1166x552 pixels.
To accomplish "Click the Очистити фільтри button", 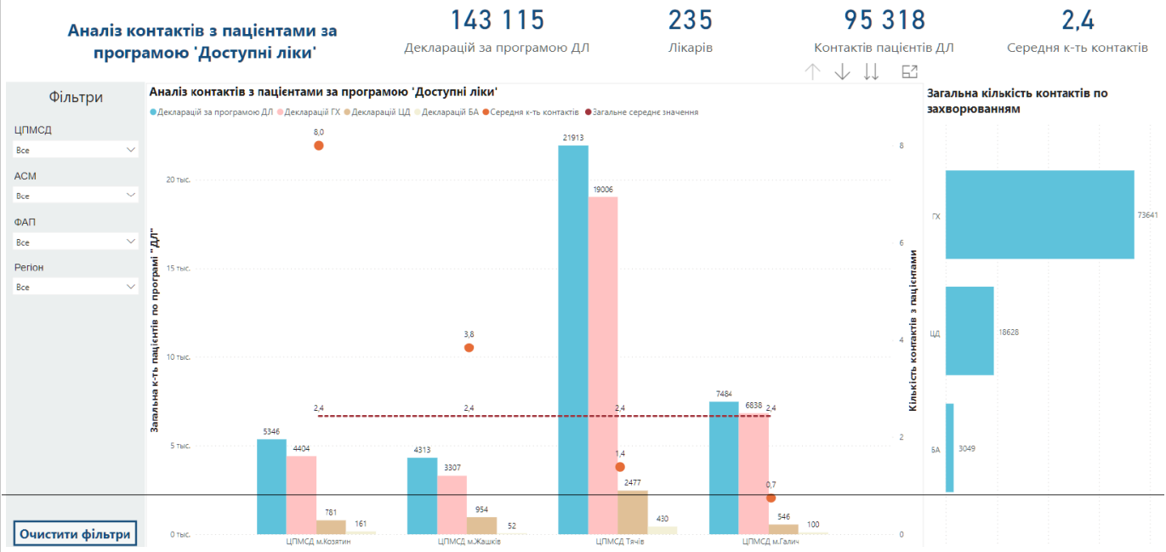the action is [x=75, y=534].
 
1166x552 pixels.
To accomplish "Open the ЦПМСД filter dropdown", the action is [x=75, y=150].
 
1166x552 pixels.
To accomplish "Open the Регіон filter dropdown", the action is [x=75, y=287].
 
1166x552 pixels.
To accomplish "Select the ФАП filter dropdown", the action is [x=75, y=242].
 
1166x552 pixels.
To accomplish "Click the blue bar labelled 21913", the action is [x=573, y=339].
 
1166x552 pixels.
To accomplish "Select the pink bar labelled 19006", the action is [x=603, y=366].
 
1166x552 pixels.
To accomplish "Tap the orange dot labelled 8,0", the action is [x=319, y=145].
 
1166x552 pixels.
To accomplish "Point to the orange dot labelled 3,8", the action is [x=469, y=348].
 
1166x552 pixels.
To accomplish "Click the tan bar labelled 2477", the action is [x=633, y=512].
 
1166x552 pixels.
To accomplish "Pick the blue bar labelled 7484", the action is [x=724, y=468].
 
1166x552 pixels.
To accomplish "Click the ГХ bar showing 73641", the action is [x=1039, y=214].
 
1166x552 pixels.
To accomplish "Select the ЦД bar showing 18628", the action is [x=970, y=331].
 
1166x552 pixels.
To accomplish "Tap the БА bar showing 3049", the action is [x=949, y=448].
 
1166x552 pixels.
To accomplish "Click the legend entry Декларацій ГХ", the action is [x=309, y=112].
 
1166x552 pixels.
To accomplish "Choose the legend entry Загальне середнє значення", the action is [x=642, y=112].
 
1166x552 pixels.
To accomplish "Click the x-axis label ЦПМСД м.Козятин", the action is [x=318, y=542].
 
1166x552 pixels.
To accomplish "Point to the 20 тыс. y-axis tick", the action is [x=178, y=179].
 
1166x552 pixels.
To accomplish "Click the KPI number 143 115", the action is [x=498, y=20].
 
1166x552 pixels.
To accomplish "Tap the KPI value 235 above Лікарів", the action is [x=691, y=20].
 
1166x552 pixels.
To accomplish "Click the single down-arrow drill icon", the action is [x=842, y=71].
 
